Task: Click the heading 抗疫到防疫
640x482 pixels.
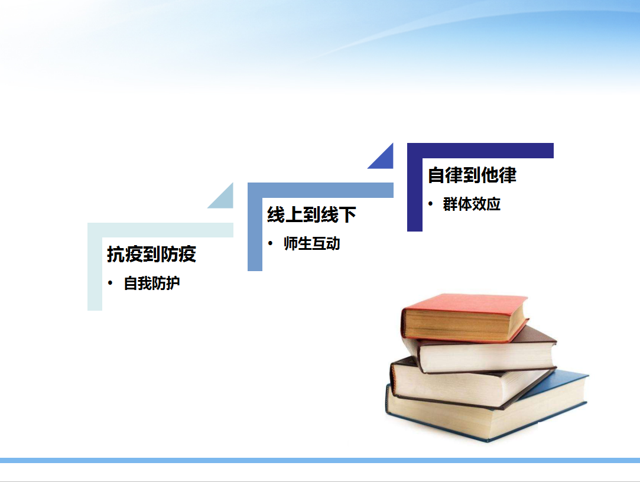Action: tap(151, 254)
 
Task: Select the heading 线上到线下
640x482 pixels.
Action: tap(311, 214)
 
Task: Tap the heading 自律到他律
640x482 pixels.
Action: tap(472, 175)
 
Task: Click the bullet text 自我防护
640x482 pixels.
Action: tap(152, 284)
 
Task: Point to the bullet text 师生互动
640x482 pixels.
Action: tap(312, 243)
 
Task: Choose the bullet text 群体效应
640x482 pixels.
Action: tap(472, 204)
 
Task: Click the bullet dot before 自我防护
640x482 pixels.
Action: tap(110, 283)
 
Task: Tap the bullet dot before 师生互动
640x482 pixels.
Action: tap(270, 243)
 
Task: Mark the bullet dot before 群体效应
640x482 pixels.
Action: tap(430, 204)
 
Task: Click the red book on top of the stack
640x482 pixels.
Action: tap(464, 318)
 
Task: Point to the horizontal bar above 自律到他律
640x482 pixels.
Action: tap(480, 151)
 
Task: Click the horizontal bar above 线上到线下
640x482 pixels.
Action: tap(320, 190)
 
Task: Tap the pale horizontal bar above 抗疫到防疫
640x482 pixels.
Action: tap(160, 230)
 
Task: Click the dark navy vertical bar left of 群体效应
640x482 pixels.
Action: tap(415, 187)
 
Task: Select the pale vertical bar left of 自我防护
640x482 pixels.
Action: tap(95, 267)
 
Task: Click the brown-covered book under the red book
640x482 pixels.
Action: tap(486, 351)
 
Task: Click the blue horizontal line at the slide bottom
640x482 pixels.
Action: tap(320, 460)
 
